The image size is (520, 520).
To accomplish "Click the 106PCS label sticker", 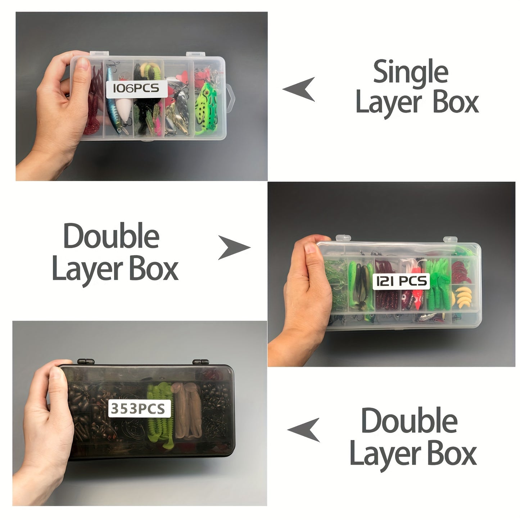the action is (x=137, y=88).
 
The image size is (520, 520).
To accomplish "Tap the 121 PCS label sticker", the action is (x=401, y=281).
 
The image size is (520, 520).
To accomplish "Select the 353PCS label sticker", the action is (x=140, y=408).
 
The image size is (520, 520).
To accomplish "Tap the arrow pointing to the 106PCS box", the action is (x=299, y=89).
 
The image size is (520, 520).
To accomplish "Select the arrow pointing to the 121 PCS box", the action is (x=234, y=248).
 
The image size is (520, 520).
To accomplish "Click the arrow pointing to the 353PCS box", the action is (x=304, y=430).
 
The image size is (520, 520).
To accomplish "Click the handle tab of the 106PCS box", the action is (x=230, y=99).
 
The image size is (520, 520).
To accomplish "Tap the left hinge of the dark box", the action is (x=86, y=361).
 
